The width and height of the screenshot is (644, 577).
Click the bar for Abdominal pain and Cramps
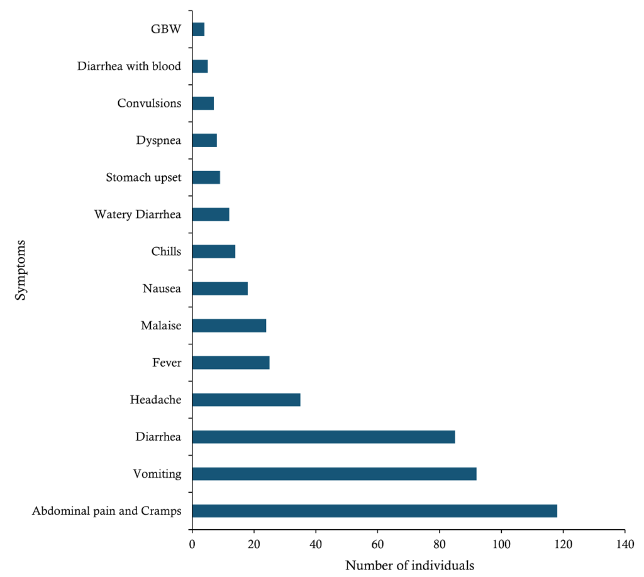pyautogui.click(x=374, y=510)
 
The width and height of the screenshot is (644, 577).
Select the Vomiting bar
pyautogui.click(x=334, y=474)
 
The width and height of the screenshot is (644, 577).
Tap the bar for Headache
pyautogui.click(x=246, y=400)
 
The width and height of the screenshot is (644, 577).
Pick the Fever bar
pyautogui.click(x=231, y=363)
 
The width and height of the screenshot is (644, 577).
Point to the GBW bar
pyautogui.click(x=198, y=29)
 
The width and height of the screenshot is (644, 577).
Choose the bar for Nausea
pyautogui.click(x=219, y=288)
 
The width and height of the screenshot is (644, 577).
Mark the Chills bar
pyautogui.click(x=213, y=251)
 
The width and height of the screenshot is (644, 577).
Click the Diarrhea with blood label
pyautogui.click(x=129, y=66)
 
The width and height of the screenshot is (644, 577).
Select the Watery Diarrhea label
pyautogui.click(x=138, y=214)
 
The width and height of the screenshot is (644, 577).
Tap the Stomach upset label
pyautogui.click(x=144, y=177)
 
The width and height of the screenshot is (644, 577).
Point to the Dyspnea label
pyautogui.click(x=158, y=140)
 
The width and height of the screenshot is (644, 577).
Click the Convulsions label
pyautogui.click(x=149, y=103)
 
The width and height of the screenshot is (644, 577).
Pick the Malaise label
pyautogui.click(x=161, y=326)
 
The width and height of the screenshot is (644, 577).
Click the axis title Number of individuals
pyautogui.click(x=409, y=565)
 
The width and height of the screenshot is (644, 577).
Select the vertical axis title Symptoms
pyautogui.click(x=21, y=270)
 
